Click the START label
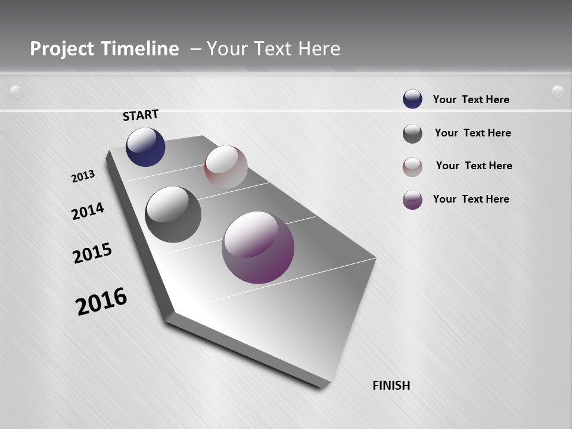pyautogui.click(x=141, y=114)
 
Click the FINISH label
pyautogui.click(x=391, y=386)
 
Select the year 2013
pyautogui.click(x=83, y=176)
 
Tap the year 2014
pyautogui.click(x=88, y=211)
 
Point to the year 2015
pyautogui.click(x=92, y=253)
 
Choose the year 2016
pyautogui.click(x=101, y=301)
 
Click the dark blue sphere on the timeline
pyautogui.click(x=145, y=147)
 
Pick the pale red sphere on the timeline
pyautogui.click(x=226, y=167)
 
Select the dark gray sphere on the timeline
pyautogui.click(x=173, y=214)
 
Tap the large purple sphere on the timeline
pyautogui.click(x=258, y=247)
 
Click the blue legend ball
pyautogui.click(x=412, y=100)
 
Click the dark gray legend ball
pyautogui.click(x=412, y=133)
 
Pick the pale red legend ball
pyautogui.click(x=412, y=167)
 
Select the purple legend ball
pyautogui.click(x=412, y=200)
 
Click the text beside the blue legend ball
pyautogui.click(x=471, y=100)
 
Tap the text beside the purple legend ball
pyautogui.click(x=471, y=199)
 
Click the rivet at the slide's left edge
pyautogui.click(x=16, y=92)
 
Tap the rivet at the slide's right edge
pyautogui.click(x=558, y=91)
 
